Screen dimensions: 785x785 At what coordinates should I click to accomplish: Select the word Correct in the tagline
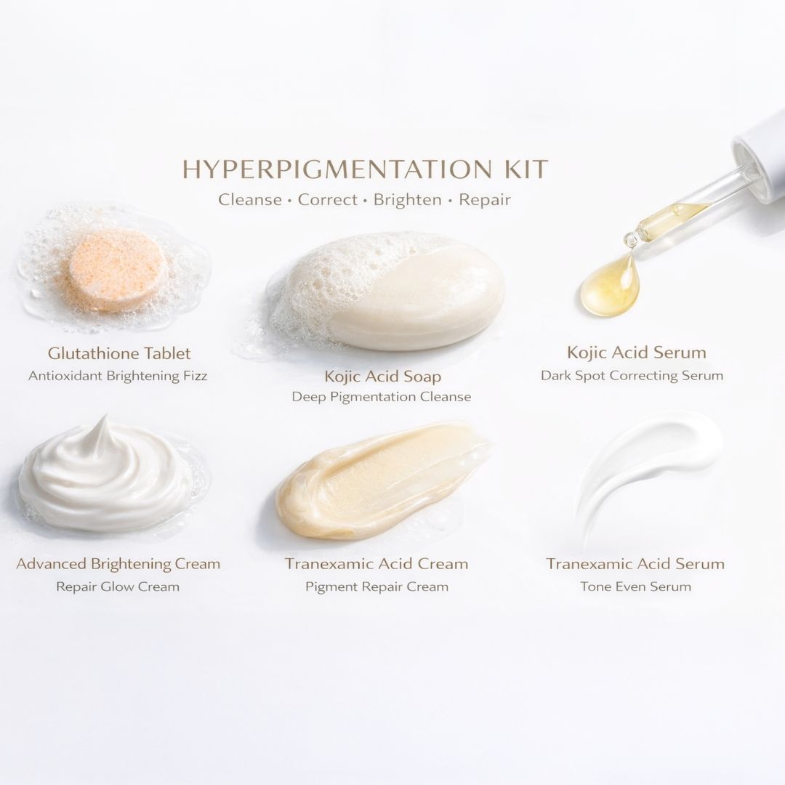pos(327,199)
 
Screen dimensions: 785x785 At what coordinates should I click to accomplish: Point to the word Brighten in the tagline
pos(407,199)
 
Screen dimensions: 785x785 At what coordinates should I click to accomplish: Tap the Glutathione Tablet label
pos(119,353)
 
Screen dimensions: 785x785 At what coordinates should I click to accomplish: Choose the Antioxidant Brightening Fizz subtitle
pos(118,376)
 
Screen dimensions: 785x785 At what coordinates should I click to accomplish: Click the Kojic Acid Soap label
pos(382,377)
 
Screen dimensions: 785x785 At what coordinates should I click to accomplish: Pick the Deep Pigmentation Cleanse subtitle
pos(382,397)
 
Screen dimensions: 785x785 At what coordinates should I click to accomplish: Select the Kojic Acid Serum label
pos(636,353)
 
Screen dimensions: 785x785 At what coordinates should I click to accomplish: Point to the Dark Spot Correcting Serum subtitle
pos(632,376)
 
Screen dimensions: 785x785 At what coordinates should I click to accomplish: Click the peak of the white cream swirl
pos(105,422)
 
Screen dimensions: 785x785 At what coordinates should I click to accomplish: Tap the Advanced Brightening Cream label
pos(118,563)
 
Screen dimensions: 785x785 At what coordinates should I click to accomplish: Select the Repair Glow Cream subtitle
pos(118,586)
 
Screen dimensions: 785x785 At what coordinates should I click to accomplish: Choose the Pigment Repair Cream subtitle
pos(377,586)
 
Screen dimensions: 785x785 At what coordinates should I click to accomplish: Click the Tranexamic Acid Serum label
pos(635,563)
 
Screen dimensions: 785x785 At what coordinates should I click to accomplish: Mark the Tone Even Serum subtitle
pos(635,586)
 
